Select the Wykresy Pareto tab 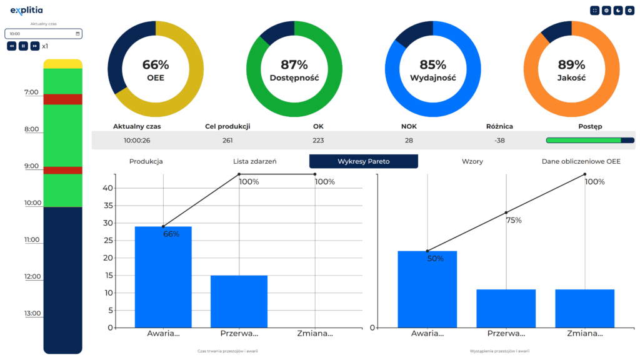(x=363, y=161)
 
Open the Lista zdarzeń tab (x=254, y=161)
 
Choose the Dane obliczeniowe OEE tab (x=581, y=161)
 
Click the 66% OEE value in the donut (x=156, y=64)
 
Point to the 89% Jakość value (x=571, y=64)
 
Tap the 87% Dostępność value (x=294, y=64)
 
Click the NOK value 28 (x=409, y=140)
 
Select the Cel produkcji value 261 (x=227, y=140)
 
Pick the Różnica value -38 (x=499, y=140)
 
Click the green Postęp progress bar (x=584, y=141)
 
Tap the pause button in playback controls (x=23, y=46)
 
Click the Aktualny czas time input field (x=43, y=34)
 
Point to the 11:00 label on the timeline (x=31, y=240)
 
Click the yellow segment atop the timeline (x=62, y=64)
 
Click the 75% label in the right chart (x=514, y=221)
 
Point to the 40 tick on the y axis (x=108, y=188)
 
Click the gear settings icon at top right (x=629, y=11)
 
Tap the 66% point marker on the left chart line (x=163, y=226)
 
